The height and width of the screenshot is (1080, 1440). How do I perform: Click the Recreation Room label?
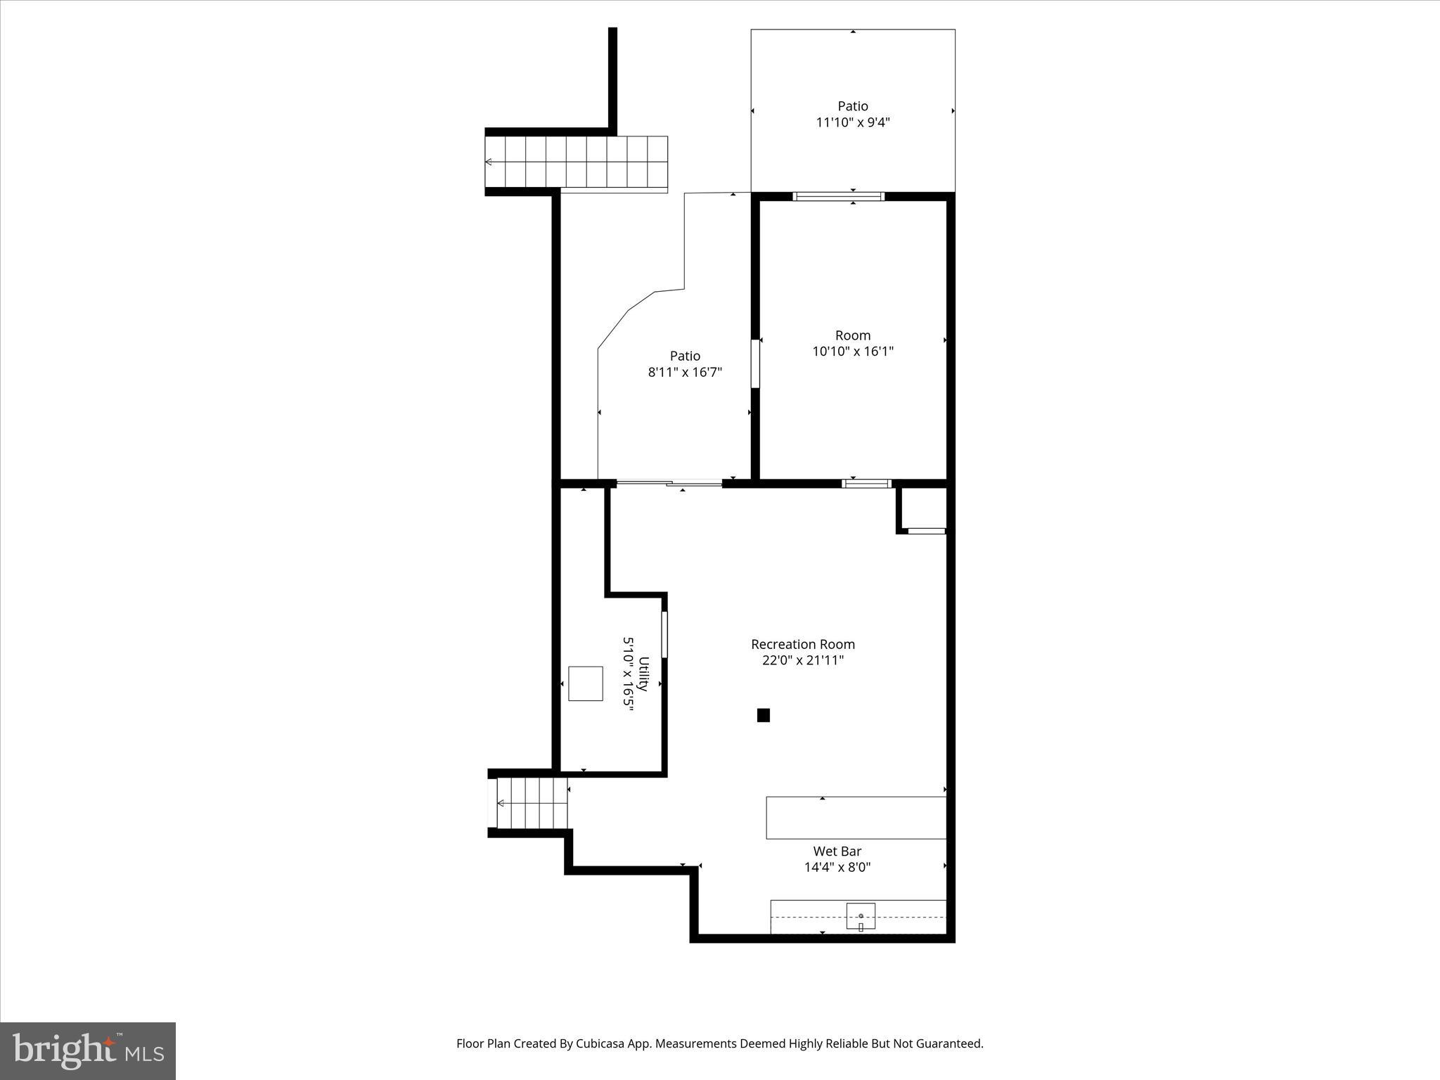[802, 644]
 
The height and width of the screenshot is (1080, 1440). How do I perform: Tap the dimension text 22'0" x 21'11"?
[802, 660]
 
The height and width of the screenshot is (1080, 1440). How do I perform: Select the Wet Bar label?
[837, 851]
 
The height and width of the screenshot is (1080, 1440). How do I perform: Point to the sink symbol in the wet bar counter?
[861, 917]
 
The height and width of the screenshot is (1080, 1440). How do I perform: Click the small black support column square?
[763, 715]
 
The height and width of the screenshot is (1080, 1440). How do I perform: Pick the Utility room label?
[643, 674]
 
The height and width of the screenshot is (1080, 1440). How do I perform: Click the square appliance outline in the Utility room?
[585, 683]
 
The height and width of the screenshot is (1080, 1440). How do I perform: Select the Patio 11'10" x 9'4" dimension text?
[853, 122]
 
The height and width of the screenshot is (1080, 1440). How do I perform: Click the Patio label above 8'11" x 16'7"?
[684, 356]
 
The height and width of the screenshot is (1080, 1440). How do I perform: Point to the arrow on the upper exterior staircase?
[489, 162]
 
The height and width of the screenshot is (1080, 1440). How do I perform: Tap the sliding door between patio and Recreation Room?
[669, 483]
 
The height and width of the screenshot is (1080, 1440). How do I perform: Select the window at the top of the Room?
[838, 196]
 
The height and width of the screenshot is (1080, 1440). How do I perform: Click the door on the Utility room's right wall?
[664, 634]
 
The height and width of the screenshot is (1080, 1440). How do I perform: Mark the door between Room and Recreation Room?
[866, 483]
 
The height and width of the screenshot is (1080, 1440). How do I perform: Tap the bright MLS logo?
[88, 1050]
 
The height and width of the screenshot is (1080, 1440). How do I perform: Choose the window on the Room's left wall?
[755, 364]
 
